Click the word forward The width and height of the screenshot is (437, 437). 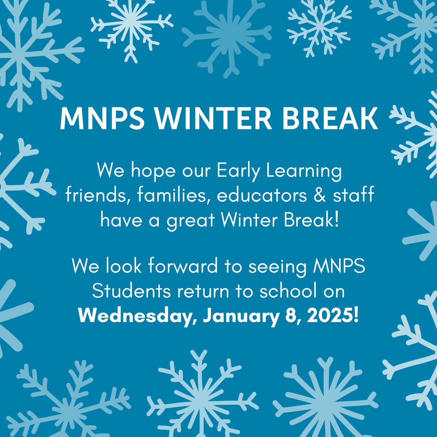click(186, 268)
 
